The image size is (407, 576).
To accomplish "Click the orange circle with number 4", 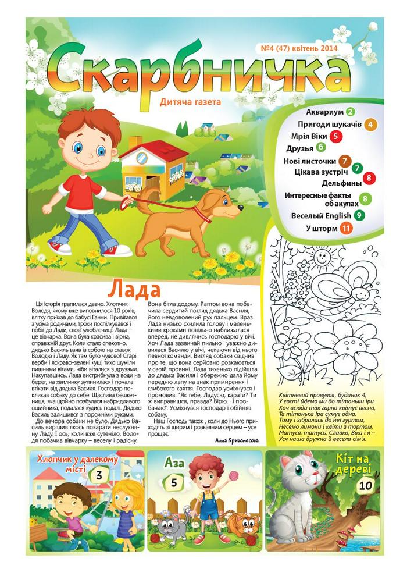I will (x=370, y=124).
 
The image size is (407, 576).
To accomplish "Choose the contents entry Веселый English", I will (x=321, y=215).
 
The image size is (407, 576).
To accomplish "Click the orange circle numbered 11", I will (x=346, y=229).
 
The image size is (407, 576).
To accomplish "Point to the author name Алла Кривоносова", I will (x=240, y=440).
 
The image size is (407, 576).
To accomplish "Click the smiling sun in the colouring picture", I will (x=320, y=256).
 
